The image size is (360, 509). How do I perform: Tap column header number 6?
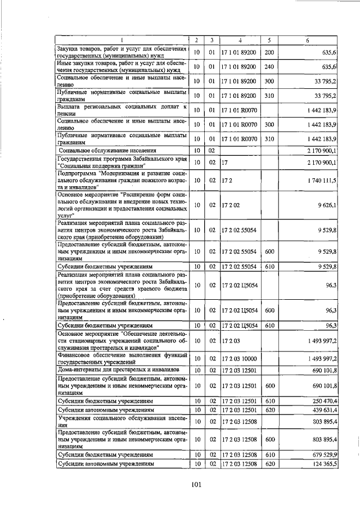pyautogui.click(x=307, y=39)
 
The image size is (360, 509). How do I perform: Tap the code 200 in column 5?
pyautogui.click(x=269, y=52)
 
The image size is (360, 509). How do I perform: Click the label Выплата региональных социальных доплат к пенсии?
pyautogui.click(x=121, y=110)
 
